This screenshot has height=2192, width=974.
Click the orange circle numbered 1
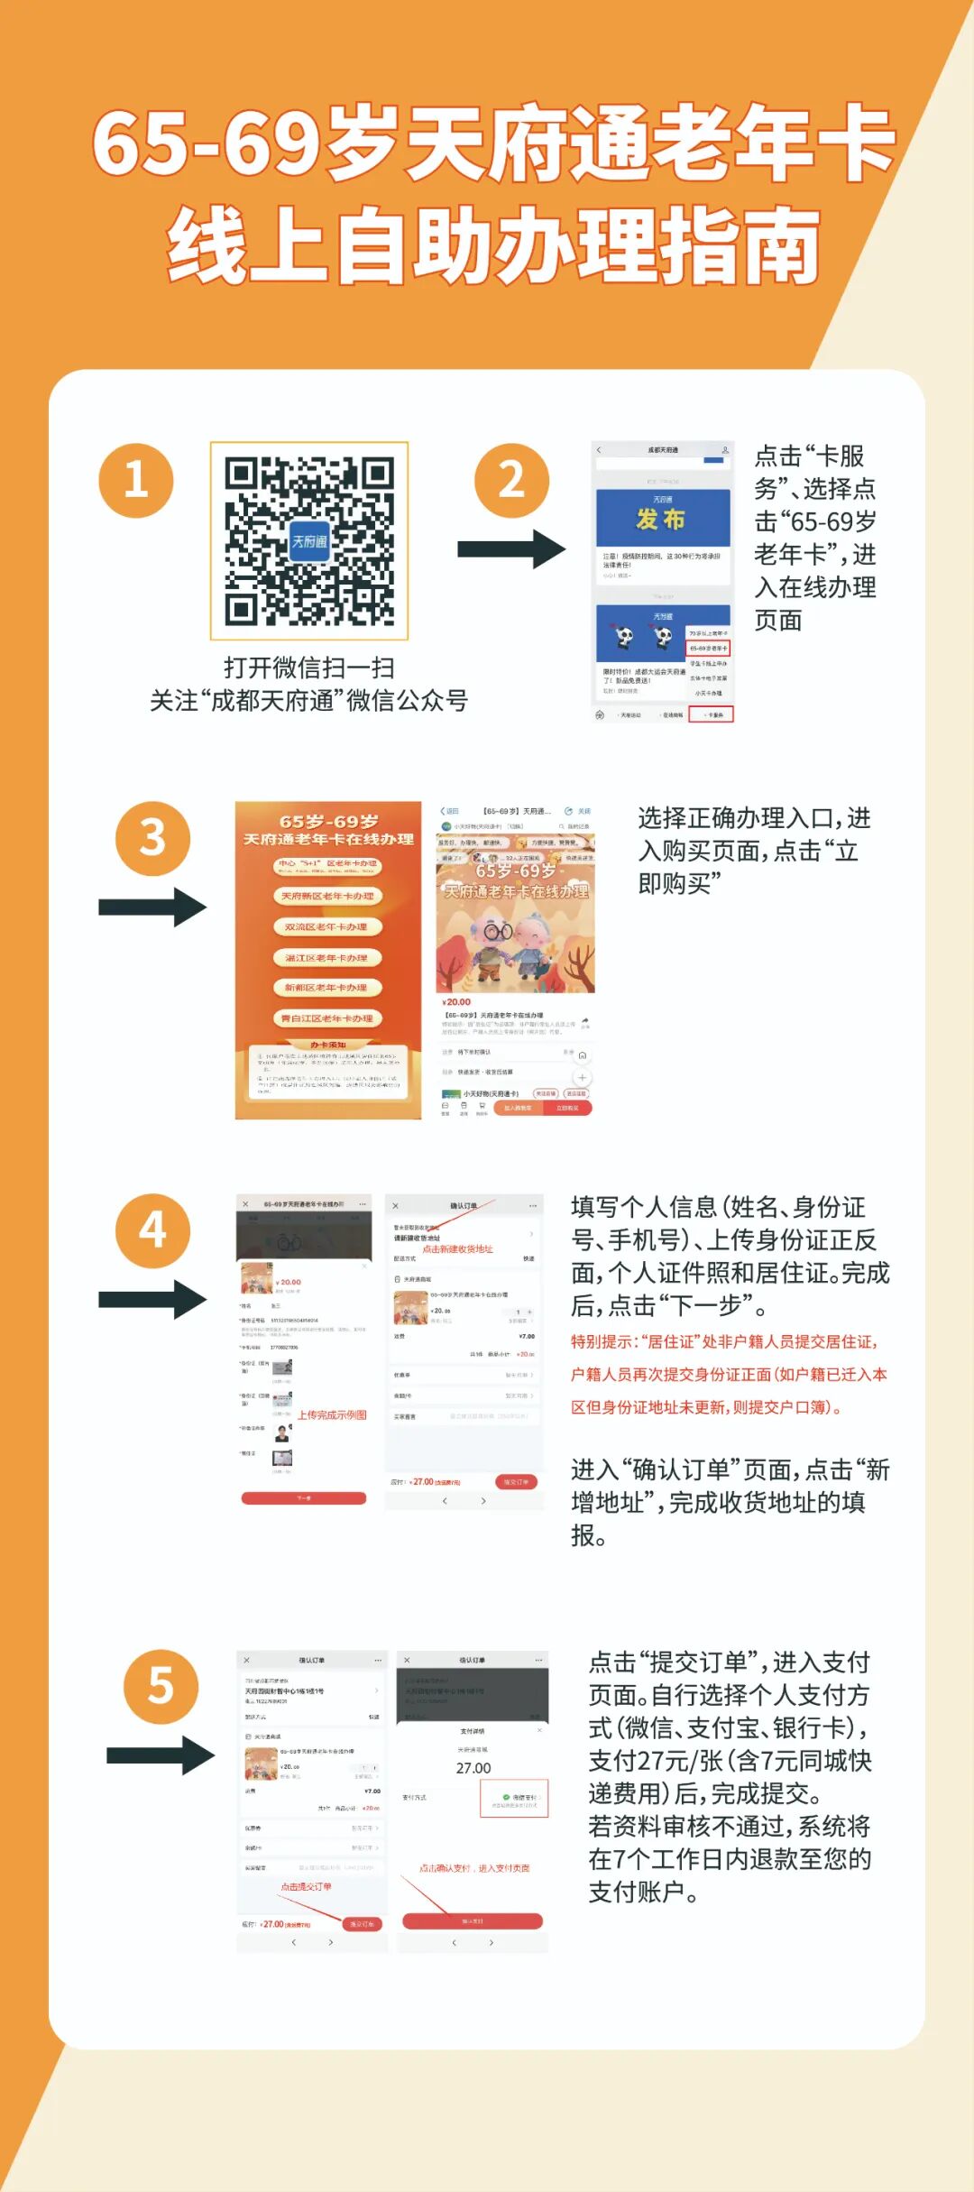(135, 480)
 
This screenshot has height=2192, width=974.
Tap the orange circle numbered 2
(511, 480)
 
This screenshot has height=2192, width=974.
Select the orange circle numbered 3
(152, 838)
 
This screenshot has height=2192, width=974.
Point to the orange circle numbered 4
(152, 1230)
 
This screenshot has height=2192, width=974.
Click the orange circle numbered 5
(161, 1686)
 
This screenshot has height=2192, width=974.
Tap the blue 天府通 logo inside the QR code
(309, 540)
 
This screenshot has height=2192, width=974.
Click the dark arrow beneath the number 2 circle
(511, 548)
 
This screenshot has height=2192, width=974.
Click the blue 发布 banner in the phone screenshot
(663, 519)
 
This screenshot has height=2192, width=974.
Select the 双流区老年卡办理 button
(327, 926)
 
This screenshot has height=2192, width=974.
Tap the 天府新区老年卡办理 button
(327, 896)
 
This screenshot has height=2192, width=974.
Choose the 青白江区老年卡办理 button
(327, 1018)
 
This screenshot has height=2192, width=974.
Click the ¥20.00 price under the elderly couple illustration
(457, 1002)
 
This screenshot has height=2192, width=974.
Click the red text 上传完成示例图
(332, 1414)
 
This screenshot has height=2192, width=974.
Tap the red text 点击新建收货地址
(458, 1249)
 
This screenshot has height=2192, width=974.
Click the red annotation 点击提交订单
(306, 1886)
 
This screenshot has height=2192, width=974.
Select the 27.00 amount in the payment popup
(473, 1768)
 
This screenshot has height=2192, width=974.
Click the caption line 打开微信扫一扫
(309, 668)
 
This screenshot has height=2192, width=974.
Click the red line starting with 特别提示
(724, 1341)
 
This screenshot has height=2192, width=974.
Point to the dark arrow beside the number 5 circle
(161, 1755)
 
